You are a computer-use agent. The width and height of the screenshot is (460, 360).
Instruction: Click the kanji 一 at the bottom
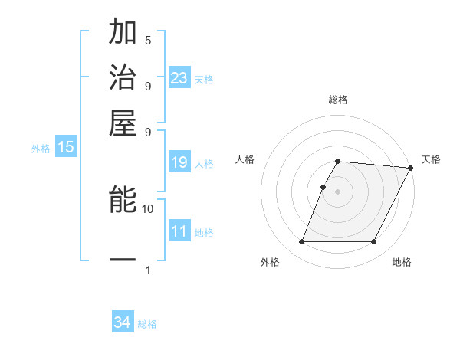click(123, 260)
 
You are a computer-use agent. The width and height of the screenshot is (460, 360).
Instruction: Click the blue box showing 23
click(179, 78)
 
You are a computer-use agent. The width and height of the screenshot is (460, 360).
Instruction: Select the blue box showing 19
click(179, 162)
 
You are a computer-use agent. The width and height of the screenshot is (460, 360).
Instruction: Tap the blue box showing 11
click(179, 231)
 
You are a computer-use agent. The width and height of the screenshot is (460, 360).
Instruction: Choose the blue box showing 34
click(123, 322)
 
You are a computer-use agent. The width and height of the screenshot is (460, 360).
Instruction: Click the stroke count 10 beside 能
click(148, 208)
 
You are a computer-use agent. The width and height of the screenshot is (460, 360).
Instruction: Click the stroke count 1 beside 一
click(148, 270)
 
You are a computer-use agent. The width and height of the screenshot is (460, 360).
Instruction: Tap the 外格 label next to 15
click(41, 149)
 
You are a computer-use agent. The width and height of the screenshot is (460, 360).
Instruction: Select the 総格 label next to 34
click(147, 324)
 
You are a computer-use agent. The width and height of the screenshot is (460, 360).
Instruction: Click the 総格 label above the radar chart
click(337, 100)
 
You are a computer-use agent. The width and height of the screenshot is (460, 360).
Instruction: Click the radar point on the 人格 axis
click(323, 187)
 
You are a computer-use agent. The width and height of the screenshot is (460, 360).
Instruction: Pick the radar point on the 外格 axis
click(301, 242)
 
